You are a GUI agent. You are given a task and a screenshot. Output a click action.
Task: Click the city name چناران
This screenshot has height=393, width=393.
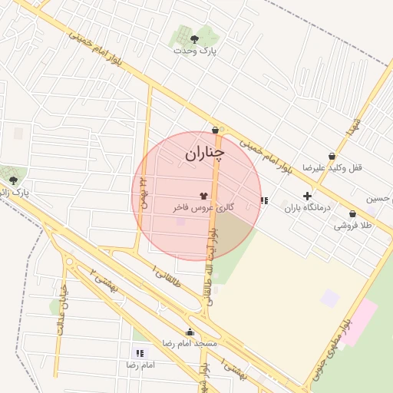coord(204,154)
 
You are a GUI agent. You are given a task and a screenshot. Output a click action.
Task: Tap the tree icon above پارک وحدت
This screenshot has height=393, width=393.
coord(193,36)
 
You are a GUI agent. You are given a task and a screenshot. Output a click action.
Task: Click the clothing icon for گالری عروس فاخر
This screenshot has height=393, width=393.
coord(203,196)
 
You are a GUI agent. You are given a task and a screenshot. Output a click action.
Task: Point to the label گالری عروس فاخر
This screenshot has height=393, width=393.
coord(203,208)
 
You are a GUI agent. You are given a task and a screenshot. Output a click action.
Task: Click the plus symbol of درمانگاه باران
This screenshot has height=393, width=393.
coord(307,196)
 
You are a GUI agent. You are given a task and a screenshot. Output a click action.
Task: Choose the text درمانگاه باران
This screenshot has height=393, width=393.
coord(307,208)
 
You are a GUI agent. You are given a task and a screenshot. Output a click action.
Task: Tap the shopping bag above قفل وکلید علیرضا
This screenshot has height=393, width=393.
coord(332,156)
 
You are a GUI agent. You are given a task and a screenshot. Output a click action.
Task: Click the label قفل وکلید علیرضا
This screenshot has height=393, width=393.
coord(332,167)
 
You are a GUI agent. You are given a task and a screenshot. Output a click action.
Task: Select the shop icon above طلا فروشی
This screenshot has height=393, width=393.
coord(352,214)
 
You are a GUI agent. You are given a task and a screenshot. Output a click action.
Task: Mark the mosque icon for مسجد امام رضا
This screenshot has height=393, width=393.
coord(190,332)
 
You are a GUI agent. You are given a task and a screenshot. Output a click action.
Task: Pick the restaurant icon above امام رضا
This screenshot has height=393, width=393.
coord(139,353)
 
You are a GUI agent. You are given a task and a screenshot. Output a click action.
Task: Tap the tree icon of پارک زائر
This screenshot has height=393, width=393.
coord(13,180)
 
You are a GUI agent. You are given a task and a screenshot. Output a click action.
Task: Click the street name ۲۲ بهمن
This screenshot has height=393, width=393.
coord(142,191)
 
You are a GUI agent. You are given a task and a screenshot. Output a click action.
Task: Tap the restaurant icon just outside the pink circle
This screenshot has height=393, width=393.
coord(264,200)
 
